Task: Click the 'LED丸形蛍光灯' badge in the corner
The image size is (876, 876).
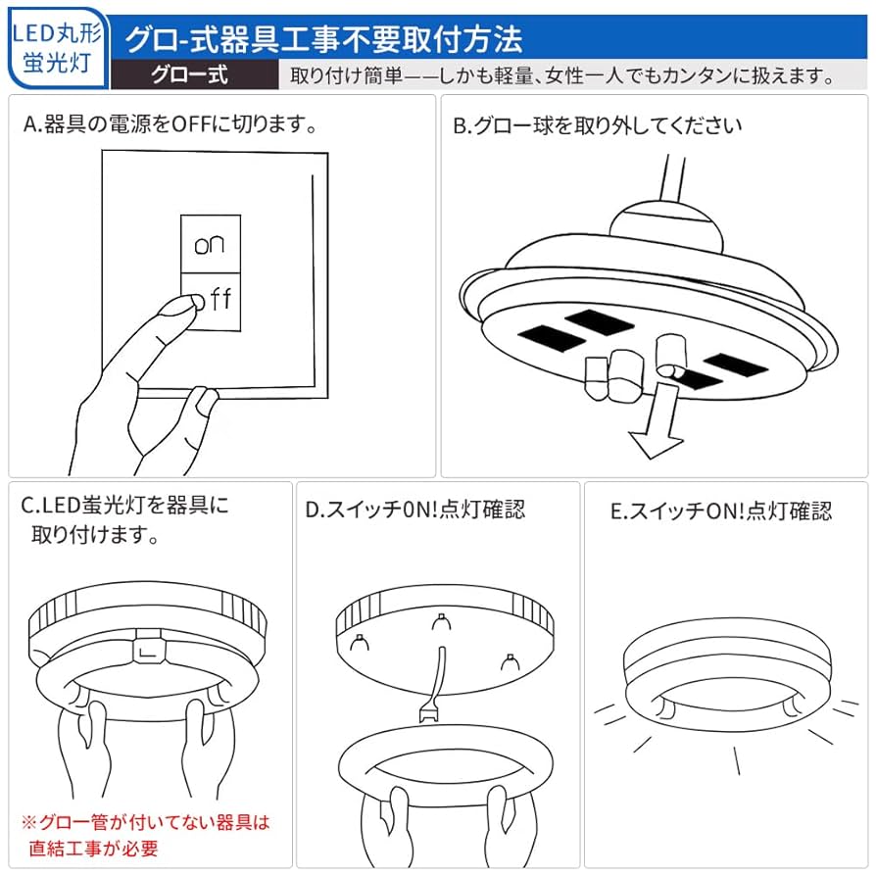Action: pyautogui.click(x=55, y=47)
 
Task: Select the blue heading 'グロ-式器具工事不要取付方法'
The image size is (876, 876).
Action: pyautogui.click(x=322, y=37)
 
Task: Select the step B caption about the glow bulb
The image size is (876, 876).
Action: pyautogui.click(x=597, y=125)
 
